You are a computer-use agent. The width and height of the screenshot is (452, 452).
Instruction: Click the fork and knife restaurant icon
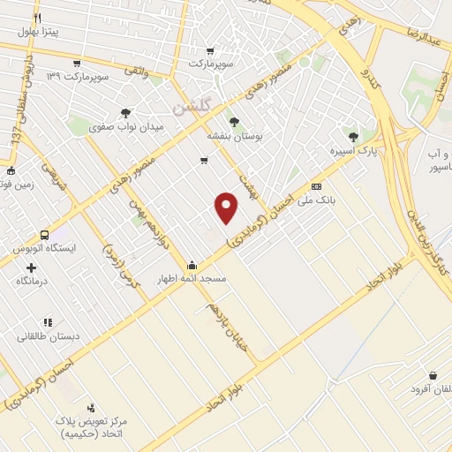[37, 18]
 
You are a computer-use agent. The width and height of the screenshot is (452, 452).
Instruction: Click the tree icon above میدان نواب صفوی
[126, 113]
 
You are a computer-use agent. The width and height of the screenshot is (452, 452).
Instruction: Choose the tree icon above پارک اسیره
[354, 137]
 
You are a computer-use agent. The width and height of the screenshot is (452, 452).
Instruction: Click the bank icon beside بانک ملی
[316, 186]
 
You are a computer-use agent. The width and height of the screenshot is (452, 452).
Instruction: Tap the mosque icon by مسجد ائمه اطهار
[192, 265]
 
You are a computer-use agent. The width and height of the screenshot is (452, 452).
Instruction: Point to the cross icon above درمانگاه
[32, 267]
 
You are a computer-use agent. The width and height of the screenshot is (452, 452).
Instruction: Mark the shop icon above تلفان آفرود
[433, 375]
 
